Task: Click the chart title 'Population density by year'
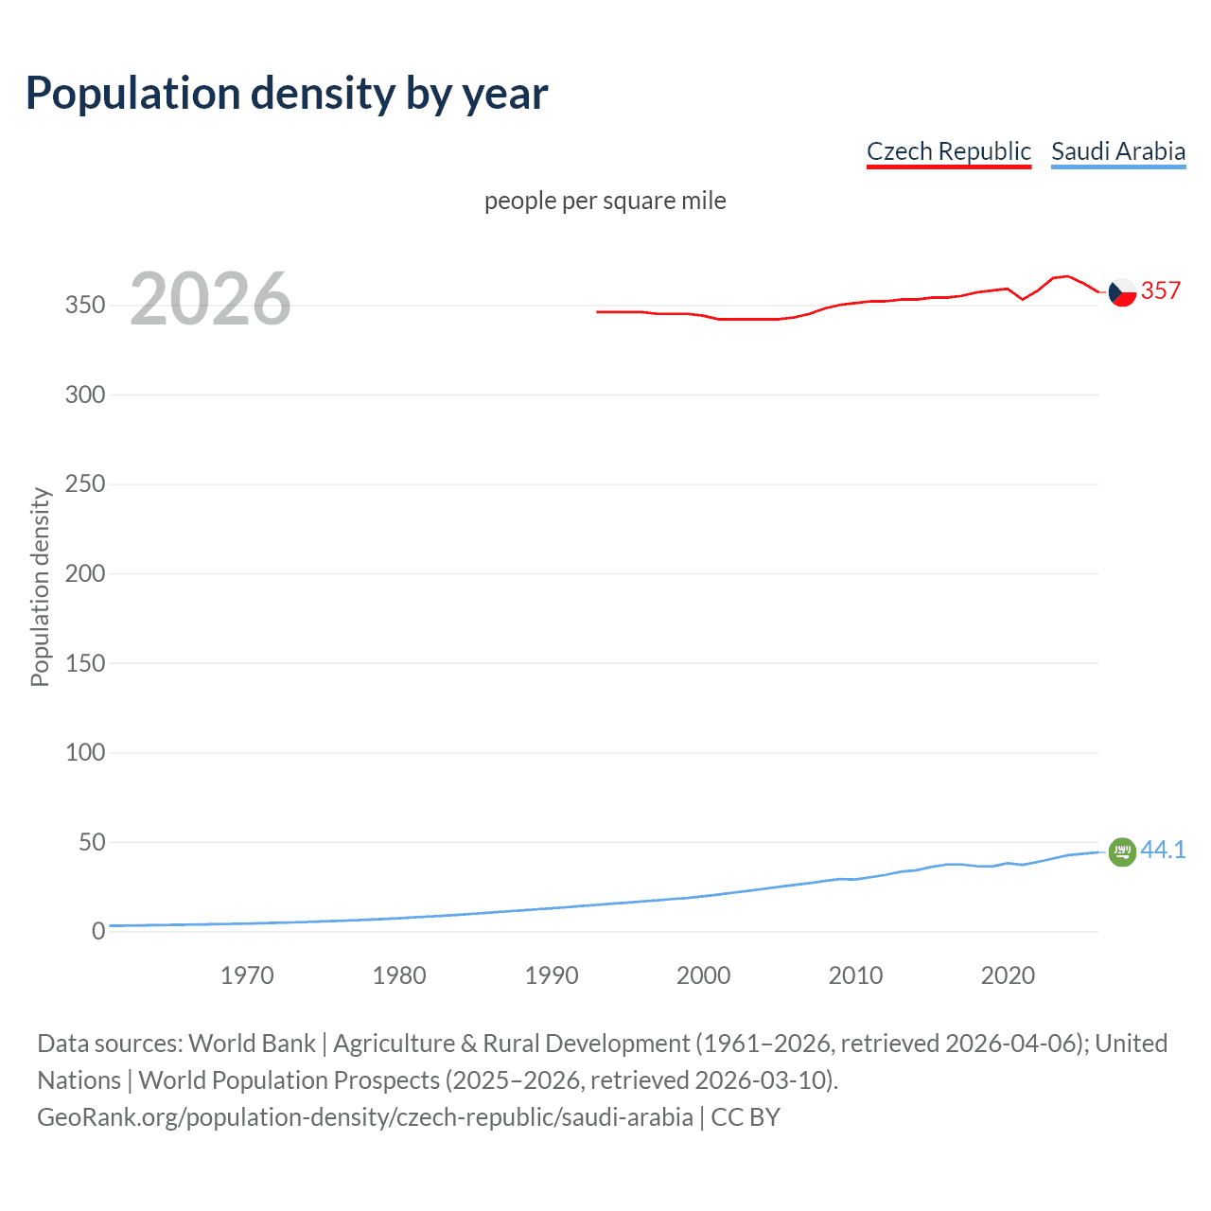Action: click(x=287, y=94)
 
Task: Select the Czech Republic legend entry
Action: click(x=948, y=151)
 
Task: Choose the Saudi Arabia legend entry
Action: click(x=1117, y=151)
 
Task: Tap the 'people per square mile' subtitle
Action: click(x=605, y=202)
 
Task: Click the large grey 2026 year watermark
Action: click(x=210, y=299)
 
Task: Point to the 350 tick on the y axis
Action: click(x=85, y=306)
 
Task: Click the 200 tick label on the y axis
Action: click(x=85, y=573)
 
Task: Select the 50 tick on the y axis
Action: click(x=92, y=842)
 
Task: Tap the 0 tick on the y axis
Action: click(x=98, y=932)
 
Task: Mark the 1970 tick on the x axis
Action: click(x=247, y=975)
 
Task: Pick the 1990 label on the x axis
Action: click(x=552, y=975)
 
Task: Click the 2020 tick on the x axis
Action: click(x=1008, y=975)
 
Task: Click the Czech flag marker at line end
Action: click(x=1122, y=292)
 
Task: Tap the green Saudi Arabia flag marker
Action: click(x=1122, y=851)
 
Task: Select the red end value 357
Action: click(x=1161, y=290)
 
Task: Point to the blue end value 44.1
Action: click(x=1163, y=850)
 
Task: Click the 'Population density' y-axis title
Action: click(x=40, y=587)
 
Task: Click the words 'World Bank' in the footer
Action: click(x=252, y=1044)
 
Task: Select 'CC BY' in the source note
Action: click(x=746, y=1117)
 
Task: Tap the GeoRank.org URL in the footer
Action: click(x=365, y=1117)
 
